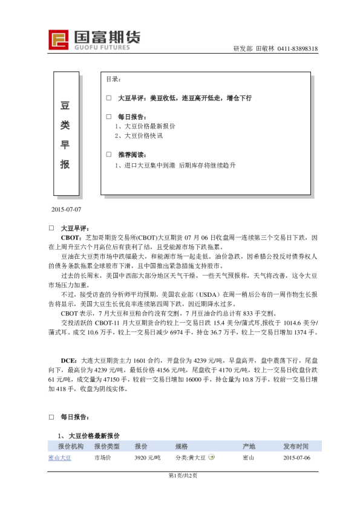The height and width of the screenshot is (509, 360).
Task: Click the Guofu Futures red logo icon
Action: [59, 39]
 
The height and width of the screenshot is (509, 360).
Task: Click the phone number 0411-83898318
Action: [298, 50]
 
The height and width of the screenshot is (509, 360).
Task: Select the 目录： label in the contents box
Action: [114, 79]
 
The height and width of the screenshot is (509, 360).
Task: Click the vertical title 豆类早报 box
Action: [66, 135]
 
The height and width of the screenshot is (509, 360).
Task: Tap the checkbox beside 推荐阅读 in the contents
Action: [109, 155]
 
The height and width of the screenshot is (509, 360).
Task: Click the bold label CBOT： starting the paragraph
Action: [73, 238]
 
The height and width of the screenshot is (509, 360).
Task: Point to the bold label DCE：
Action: [70, 361]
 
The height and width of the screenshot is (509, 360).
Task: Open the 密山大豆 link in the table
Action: [60, 458]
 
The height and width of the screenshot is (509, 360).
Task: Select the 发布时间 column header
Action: [296, 446]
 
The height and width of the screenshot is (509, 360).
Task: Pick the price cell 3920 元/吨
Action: [147, 458]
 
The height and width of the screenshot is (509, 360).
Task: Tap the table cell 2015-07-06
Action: [296, 458]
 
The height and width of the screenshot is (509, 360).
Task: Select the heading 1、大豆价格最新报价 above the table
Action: [89, 435]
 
